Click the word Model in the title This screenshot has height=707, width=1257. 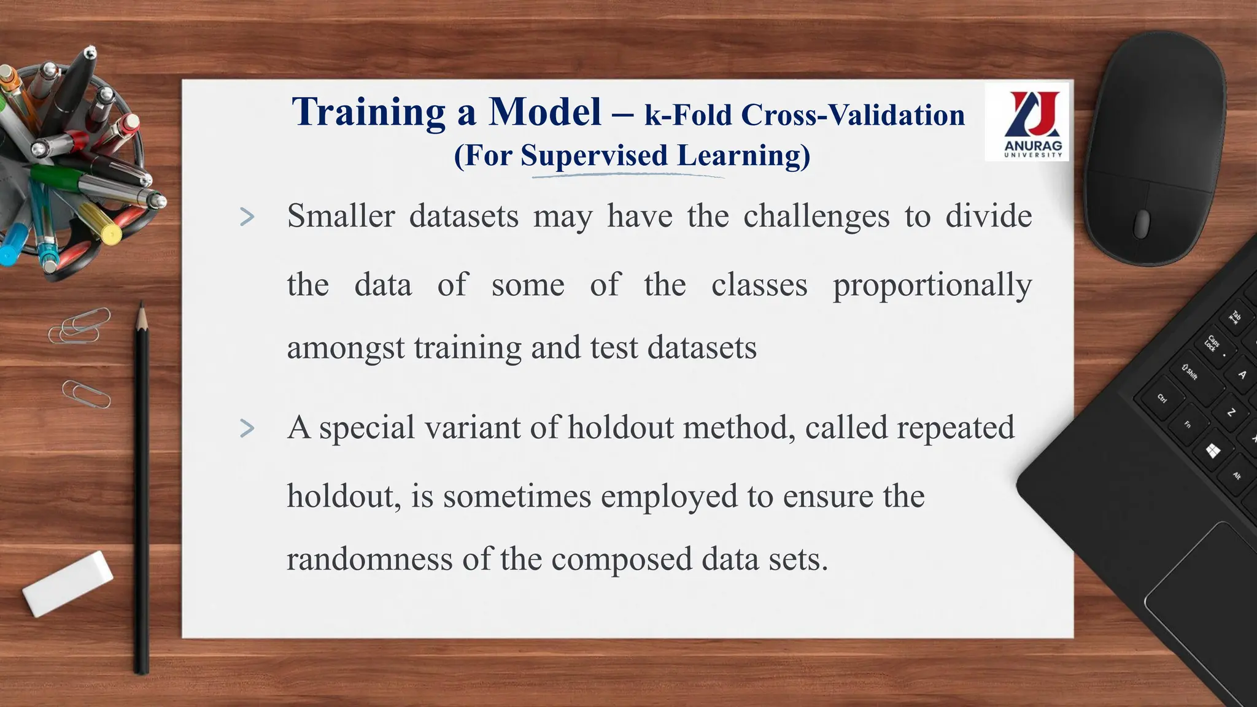[x=545, y=113]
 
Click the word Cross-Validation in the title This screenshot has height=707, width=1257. [x=853, y=115]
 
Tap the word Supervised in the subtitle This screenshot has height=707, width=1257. [x=594, y=155]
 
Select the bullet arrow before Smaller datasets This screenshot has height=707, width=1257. [x=247, y=217]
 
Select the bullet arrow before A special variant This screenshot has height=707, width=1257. [x=247, y=428]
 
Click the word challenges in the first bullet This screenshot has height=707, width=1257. [x=816, y=217]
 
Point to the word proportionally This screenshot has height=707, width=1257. [x=932, y=286]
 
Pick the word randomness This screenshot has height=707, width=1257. [x=369, y=559]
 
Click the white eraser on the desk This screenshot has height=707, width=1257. [x=68, y=583]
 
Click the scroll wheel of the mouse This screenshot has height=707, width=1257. [x=1142, y=223]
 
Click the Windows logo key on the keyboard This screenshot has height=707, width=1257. [x=1213, y=452]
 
